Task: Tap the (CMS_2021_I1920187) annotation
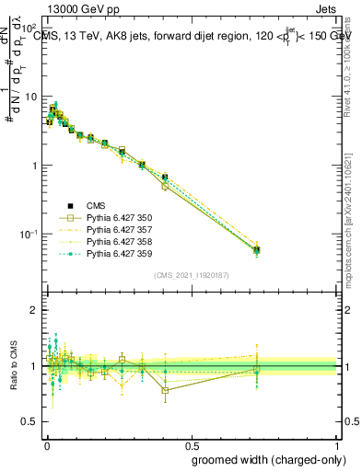click(x=191, y=275)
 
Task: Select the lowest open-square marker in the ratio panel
click(x=165, y=390)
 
